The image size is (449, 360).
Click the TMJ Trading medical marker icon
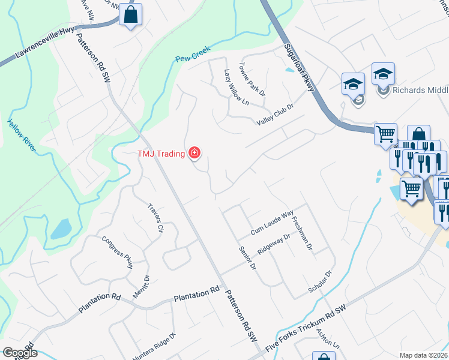click(194, 154)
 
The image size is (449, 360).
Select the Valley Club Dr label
click(274, 114)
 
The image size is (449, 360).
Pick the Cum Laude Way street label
click(272, 221)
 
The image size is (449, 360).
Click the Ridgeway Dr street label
click(273, 245)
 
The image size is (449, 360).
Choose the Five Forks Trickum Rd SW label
click(307, 332)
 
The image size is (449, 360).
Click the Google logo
click(19, 353)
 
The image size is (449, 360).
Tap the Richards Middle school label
click(420, 91)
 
